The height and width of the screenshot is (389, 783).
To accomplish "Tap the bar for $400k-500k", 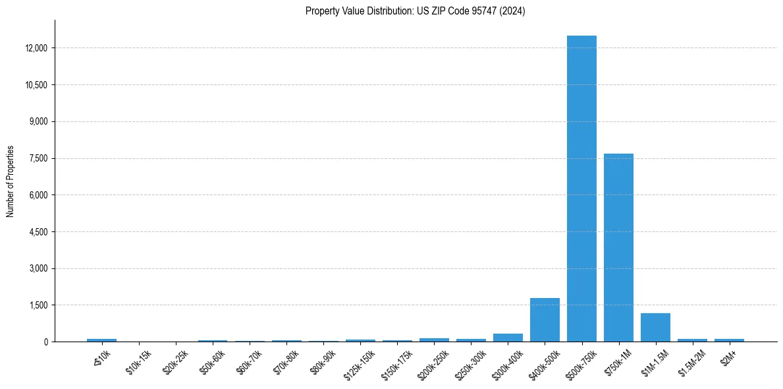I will pyautogui.click(x=545, y=320).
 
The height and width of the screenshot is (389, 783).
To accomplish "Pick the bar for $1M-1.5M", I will pyautogui.click(x=655, y=327).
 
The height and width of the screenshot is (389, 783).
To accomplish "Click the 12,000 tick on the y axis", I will pyautogui.click(x=36, y=48).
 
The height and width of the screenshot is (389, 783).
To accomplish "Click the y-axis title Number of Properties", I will pyautogui.click(x=11, y=181).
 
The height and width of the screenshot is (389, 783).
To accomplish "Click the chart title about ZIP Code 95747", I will pyautogui.click(x=415, y=11).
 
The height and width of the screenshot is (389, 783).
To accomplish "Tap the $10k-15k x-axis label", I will pyautogui.click(x=137, y=361).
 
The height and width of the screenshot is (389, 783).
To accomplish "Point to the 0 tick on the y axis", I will pyautogui.click(x=45, y=342).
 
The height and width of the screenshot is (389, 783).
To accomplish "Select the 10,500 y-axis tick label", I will pyautogui.click(x=36, y=85).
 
